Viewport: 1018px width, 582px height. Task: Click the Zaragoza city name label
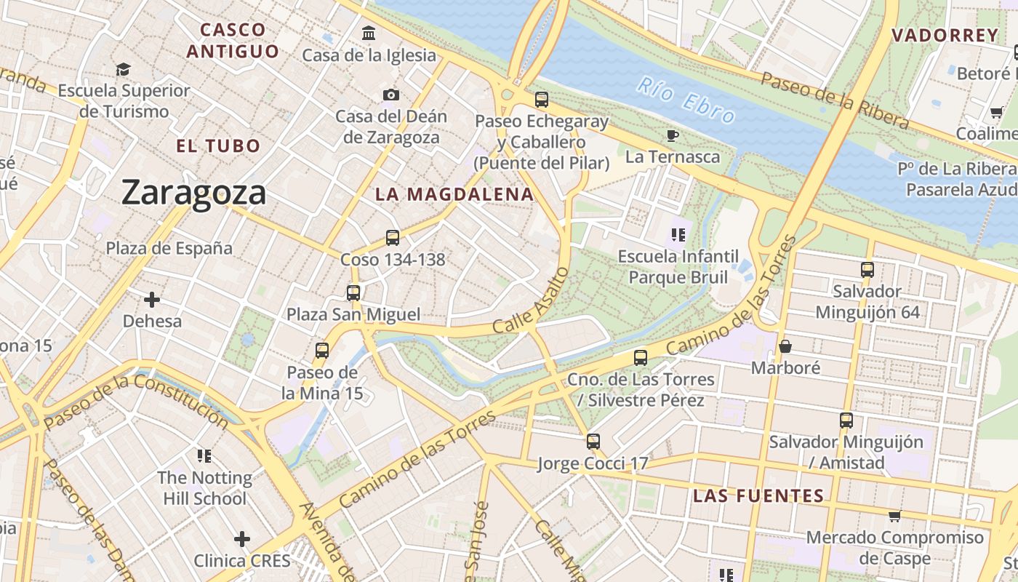click(193, 193)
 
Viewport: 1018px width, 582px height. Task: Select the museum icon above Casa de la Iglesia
click(369, 33)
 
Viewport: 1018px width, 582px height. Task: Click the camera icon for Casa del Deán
click(390, 95)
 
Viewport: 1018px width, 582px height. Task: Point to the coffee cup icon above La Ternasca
click(673, 135)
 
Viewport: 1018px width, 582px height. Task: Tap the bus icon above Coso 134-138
click(393, 237)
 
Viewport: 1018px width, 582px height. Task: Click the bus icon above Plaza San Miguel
click(353, 293)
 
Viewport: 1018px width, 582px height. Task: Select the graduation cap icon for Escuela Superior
click(124, 69)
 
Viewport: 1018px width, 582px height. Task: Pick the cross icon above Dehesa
click(152, 299)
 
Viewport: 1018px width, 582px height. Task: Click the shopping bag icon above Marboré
click(785, 346)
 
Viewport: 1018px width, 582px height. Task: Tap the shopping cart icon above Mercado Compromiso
click(894, 516)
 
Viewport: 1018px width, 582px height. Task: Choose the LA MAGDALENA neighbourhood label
click(454, 194)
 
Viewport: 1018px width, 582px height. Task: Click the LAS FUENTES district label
click(758, 496)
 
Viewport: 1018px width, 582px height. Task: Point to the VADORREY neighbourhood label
click(945, 35)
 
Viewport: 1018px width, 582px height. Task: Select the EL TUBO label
click(218, 145)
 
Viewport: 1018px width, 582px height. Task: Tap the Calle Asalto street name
click(530, 300)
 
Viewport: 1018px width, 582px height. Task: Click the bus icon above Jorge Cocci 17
click(593, 441)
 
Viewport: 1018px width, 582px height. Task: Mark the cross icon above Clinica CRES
click(242, 539)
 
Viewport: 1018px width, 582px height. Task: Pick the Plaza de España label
click(169, 248)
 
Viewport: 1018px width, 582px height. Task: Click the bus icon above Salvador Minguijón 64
click(867, 270)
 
